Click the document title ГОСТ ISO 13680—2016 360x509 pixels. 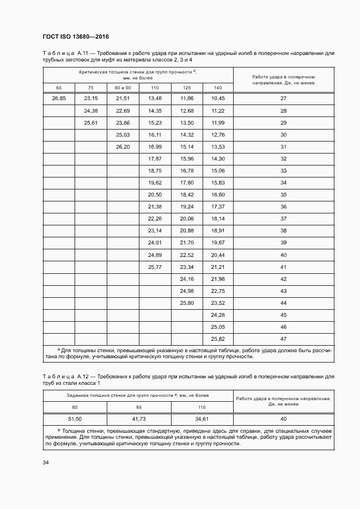[76, 36]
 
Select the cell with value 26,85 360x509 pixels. [59, 99]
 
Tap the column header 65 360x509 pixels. [59, 88]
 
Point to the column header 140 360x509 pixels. [218, 88]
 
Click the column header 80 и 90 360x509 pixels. [123, 88]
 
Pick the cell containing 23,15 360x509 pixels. [91, 99]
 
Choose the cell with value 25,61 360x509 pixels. [91, 122]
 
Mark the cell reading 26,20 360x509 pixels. [123, 147]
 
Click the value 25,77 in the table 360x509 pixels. [155, 267]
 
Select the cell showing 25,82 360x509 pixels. [218, 339]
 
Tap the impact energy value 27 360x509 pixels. [283, 99]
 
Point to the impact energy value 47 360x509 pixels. [283, 339]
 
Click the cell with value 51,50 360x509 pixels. [75, 419]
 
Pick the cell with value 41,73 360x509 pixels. [139, 419]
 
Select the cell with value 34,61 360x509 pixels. [202, 419]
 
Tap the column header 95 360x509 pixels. [139, 407]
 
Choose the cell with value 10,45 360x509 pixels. [218, 99]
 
